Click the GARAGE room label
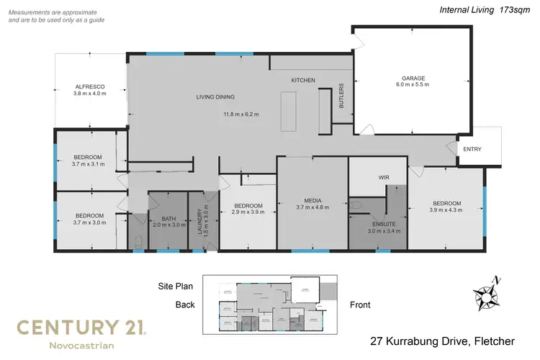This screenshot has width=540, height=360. (x=415, y=77)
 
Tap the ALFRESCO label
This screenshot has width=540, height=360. (x=90, y=86)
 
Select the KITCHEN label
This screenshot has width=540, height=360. (x=303, y=80)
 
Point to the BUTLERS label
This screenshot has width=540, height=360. (x=341, y=95)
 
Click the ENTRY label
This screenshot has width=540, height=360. (x=472, y=149)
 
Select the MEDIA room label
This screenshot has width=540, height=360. (x=312, y=199)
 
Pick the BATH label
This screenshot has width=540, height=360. (x=168, y=218)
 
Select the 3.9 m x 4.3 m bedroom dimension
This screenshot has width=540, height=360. (x=446, y=210)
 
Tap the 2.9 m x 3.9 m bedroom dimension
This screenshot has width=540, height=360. (x=248, y=212)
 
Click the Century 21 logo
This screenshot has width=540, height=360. (x=82, y=334)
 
